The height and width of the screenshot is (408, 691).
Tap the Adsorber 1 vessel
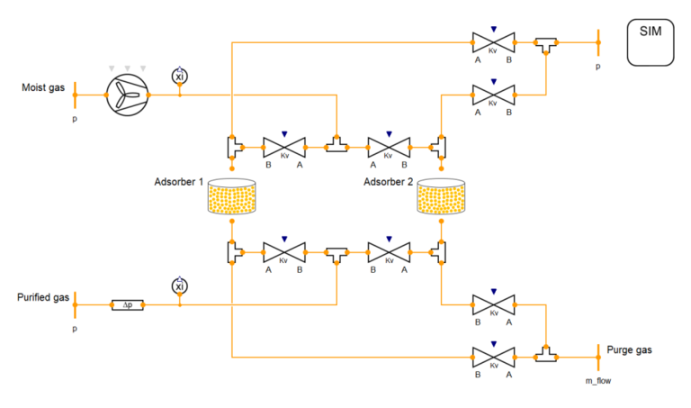click(231, 198)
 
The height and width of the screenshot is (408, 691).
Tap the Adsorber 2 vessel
click(441, 198)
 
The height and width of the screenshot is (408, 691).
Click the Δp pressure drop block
click(127, 305)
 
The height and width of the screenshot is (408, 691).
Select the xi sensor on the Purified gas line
click(179, 286)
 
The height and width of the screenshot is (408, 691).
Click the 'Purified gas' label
click(43, 298)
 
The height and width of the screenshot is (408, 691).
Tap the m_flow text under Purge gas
click(598, 380)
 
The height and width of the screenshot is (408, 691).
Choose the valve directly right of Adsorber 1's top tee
click(283, 146)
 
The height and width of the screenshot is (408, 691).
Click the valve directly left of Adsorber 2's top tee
click(389, 146)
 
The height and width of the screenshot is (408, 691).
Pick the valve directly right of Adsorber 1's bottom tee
click(283, 251)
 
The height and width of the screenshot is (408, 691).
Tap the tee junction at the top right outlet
click(544, 44)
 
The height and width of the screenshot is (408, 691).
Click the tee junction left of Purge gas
click(544, 355)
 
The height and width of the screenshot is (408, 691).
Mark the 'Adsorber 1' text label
click(179, 182)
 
